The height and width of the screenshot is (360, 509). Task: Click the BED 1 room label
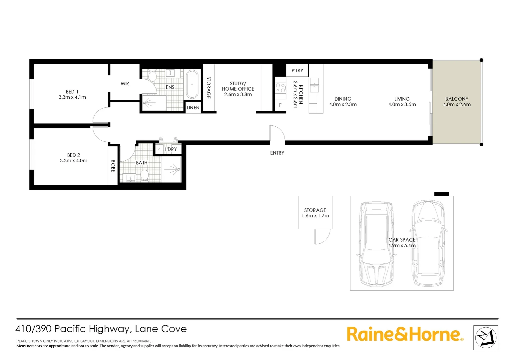coord(72,92)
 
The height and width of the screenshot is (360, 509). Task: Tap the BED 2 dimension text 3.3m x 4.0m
coord(74,161)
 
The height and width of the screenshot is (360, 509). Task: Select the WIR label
coord(125,84)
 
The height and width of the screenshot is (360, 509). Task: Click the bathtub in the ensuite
coord(192,84)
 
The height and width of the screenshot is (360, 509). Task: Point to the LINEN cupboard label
coord(193,108)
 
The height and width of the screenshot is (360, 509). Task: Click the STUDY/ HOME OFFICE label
coord(238,86)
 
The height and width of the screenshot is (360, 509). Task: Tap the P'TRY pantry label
coord(297,71)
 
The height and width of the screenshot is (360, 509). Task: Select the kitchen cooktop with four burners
coord(280,88)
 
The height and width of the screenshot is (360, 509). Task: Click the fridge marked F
coord(280,105)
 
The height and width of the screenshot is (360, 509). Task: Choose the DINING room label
coord(343,99)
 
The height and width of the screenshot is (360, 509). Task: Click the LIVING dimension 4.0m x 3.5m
coord(402,104)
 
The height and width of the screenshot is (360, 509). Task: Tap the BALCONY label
coord(457,99)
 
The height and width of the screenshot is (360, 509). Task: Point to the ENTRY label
coord(277,153)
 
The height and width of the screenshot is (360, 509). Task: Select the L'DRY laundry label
coord(171,149)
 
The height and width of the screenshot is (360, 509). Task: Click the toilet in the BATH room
coord(145,175)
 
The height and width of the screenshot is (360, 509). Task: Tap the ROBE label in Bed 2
coord(113,166)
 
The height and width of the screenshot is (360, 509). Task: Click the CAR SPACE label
coord(402,240)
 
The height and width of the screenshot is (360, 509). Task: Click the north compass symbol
coord(486,338)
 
